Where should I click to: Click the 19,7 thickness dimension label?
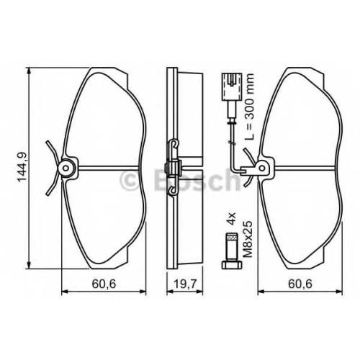[185, 284]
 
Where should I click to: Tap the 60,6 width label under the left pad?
[104, 284]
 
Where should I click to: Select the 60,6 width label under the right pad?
[300, 284]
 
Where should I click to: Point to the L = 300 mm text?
[249, 107]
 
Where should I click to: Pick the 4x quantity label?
[232, 218]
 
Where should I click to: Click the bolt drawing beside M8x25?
[232, 251]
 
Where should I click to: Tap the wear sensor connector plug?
[232, 86]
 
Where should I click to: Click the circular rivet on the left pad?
[66, 168]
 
